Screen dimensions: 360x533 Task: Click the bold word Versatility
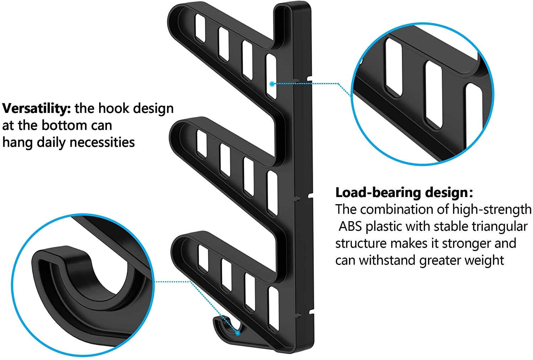37,108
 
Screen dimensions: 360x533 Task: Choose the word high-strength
491,209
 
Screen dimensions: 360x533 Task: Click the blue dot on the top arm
271,84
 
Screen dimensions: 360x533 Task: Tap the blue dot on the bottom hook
237,333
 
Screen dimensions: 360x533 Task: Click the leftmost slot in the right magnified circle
394,67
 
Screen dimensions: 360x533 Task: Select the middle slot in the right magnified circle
434,94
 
